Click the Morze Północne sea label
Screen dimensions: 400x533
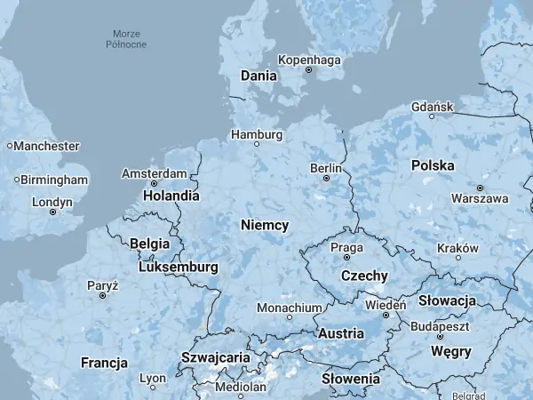pyautogui.click(x=126, y=39)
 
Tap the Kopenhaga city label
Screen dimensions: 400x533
pyautogui.click(x=309, y=60)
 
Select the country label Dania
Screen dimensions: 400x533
pyautogui.click(x=259, y=76)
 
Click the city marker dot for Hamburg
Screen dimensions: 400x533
pyautogui.click(x=257, y=144)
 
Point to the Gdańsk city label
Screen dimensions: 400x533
pyautogui.click(x=434, y=107)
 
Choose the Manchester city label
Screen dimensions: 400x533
pyautogui.click(x=46, y=146)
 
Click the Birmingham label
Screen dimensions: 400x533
pyautogui.click(x=54, y=180)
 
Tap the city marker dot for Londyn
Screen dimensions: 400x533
pyautogui.click(x=52, y=212)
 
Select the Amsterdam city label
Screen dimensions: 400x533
pyautogui.click(x=154, y=173)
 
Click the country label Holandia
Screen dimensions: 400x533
pyautogui.click(x=160, y=196)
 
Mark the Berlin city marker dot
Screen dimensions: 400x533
pyautogui.click(x=326, y=178)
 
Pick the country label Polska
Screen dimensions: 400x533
pyautogui.click(x=433, y=165)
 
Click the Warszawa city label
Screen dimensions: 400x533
pyautogui.click(x=480, y=198)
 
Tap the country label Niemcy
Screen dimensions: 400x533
pyautogui.click(x=264, y=226)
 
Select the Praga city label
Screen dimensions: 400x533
pyautogui.click(x=346, y=246)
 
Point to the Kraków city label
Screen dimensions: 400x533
pyautogui.click(x=458, y=248)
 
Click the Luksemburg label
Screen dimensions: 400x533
pyautogui.click(x=179, y=267)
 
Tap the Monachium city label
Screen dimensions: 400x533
pyautogui.click(x=289, y=308)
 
